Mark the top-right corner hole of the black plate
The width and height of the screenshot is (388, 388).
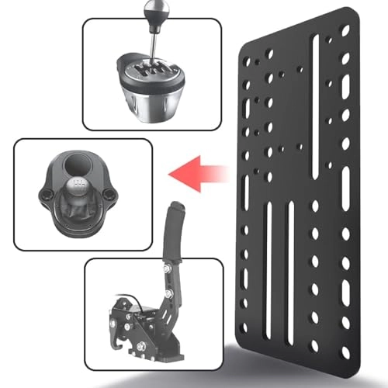[x=346, y=29]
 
